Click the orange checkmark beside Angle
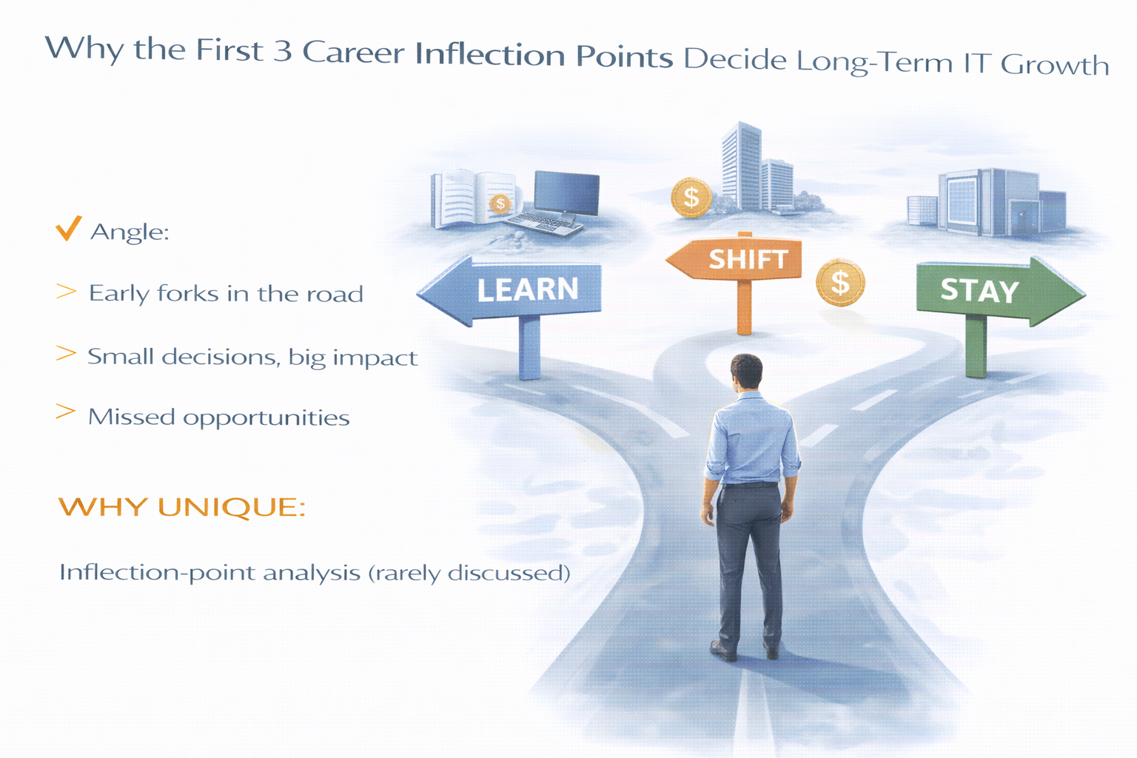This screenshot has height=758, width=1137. pos(68,229)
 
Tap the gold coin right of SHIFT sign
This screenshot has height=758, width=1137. pos(840,283)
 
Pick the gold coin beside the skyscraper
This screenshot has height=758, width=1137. pos(691,198)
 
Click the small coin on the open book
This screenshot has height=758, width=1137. pos(500,203)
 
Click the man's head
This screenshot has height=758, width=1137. pos(745,372)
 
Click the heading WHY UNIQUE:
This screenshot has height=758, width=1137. pos(181,507)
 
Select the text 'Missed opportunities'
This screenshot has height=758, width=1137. pos(218,417)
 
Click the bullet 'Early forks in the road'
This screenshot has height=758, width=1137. pos(226,294)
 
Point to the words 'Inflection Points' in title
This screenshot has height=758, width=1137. pos(544,56)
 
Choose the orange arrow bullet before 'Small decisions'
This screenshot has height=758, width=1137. pos(66,354)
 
